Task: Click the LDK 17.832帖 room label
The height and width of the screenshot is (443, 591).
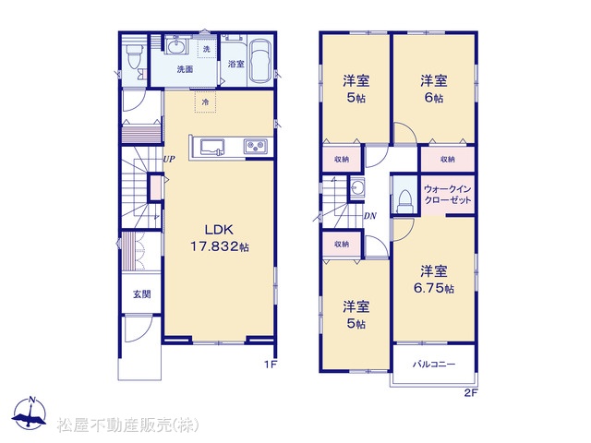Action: pos(220,238)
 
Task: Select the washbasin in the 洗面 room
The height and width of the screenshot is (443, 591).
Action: pos(176,47)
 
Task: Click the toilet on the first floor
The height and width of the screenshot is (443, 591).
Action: pos(134,56)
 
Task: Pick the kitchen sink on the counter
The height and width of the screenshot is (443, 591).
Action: pos(211,147)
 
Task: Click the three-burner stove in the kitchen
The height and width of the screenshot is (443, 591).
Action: pos(257,146)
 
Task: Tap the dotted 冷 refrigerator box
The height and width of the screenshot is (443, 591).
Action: pos(205,102)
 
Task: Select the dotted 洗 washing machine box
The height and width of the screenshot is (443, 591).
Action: pos(207,49)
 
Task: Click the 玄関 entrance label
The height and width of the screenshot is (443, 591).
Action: pos(141,293)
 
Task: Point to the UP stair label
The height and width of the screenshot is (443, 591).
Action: pos(169,159)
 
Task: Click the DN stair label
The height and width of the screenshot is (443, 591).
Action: pos(369,216)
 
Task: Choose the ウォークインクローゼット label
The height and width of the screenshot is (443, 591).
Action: pos(448,194)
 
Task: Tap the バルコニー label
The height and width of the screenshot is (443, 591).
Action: pos(434,365)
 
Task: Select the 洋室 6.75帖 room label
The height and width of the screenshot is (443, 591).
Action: pos(434,279)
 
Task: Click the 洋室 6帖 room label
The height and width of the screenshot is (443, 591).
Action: pos(434,90)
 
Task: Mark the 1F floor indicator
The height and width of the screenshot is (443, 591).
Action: pos(271,365)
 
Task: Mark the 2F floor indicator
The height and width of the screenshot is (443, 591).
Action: pos(471,393)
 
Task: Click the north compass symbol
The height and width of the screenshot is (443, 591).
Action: pos(30,413)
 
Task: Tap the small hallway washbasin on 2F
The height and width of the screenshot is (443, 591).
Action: pos(356,186)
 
